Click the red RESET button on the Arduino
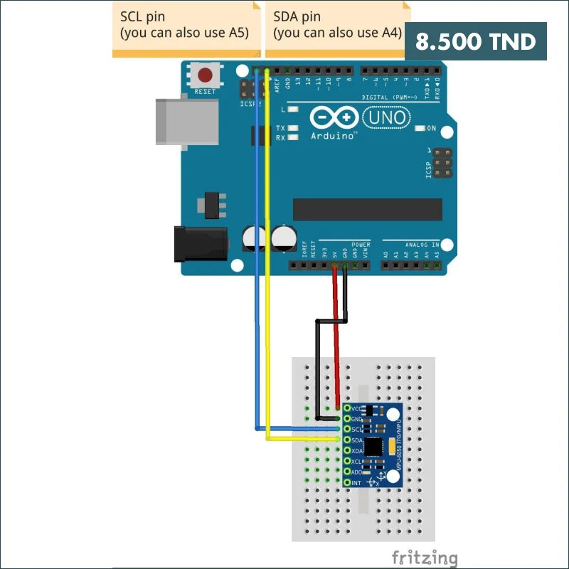(x=206, y=75)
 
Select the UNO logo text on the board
(x=386, y=117)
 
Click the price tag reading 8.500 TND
(x=475, y=41)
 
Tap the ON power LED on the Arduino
(x=430, y=129)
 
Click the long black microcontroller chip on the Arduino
(x=367, y=209)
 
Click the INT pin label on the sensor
(x=356, y=483)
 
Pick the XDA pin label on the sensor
(x=357, y=451)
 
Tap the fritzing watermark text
(x=424, y=557)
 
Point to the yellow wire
(x=267, y=284)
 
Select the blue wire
(x=255, y=284)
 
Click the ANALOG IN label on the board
(x=422, y=245)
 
